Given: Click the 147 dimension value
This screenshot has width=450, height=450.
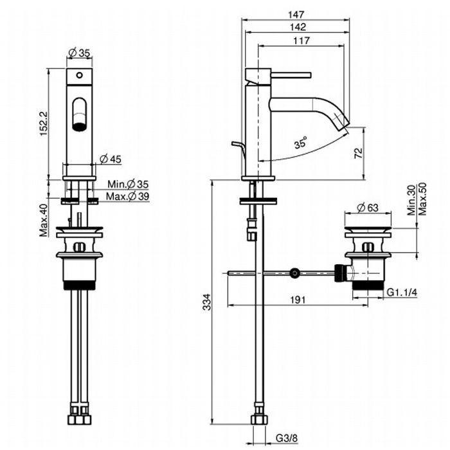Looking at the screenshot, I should point(296,14).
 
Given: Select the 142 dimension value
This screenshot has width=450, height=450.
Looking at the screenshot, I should point(296,27).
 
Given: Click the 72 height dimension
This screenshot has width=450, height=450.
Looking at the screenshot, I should point(359,152).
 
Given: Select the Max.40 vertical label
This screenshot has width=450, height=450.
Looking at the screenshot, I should point(43,221).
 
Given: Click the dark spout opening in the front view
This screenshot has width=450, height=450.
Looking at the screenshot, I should point(80,124).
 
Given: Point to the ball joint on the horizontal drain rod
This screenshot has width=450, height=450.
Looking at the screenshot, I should point(294,273).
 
